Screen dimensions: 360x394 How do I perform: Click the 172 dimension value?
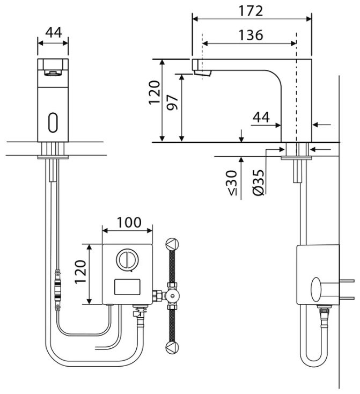(x=251, y=11)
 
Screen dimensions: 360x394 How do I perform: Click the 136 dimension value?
(x=251, y=35)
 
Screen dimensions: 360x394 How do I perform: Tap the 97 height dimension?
(x=173, y=103)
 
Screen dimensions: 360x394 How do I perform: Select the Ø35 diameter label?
(x=259, y=183)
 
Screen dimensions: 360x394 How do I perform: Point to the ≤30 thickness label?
(x=232, y=183)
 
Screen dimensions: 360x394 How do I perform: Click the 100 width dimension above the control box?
(x=129, y=222)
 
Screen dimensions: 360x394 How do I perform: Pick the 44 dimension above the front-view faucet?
(x=54, y=32)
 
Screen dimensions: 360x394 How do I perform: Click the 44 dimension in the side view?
(x=261, y=117)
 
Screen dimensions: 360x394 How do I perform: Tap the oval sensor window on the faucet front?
(x=53, y=122)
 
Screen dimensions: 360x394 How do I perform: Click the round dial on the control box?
(x=127, y=259)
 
